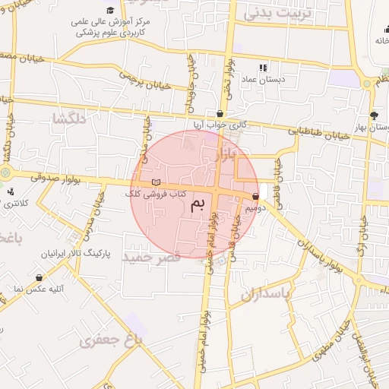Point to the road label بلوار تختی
pyautogui.click(x=227, y=69)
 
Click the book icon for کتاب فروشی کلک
pyautogui.click(x=157, y=183)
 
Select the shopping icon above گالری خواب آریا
pyautogui.click(x=220, y=113)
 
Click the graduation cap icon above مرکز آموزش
pyautogui.click(x=111, y=10)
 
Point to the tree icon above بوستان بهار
pyautogui.click(x=373, y=115)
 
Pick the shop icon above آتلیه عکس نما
pyautogui.click(x=39, y=278)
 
